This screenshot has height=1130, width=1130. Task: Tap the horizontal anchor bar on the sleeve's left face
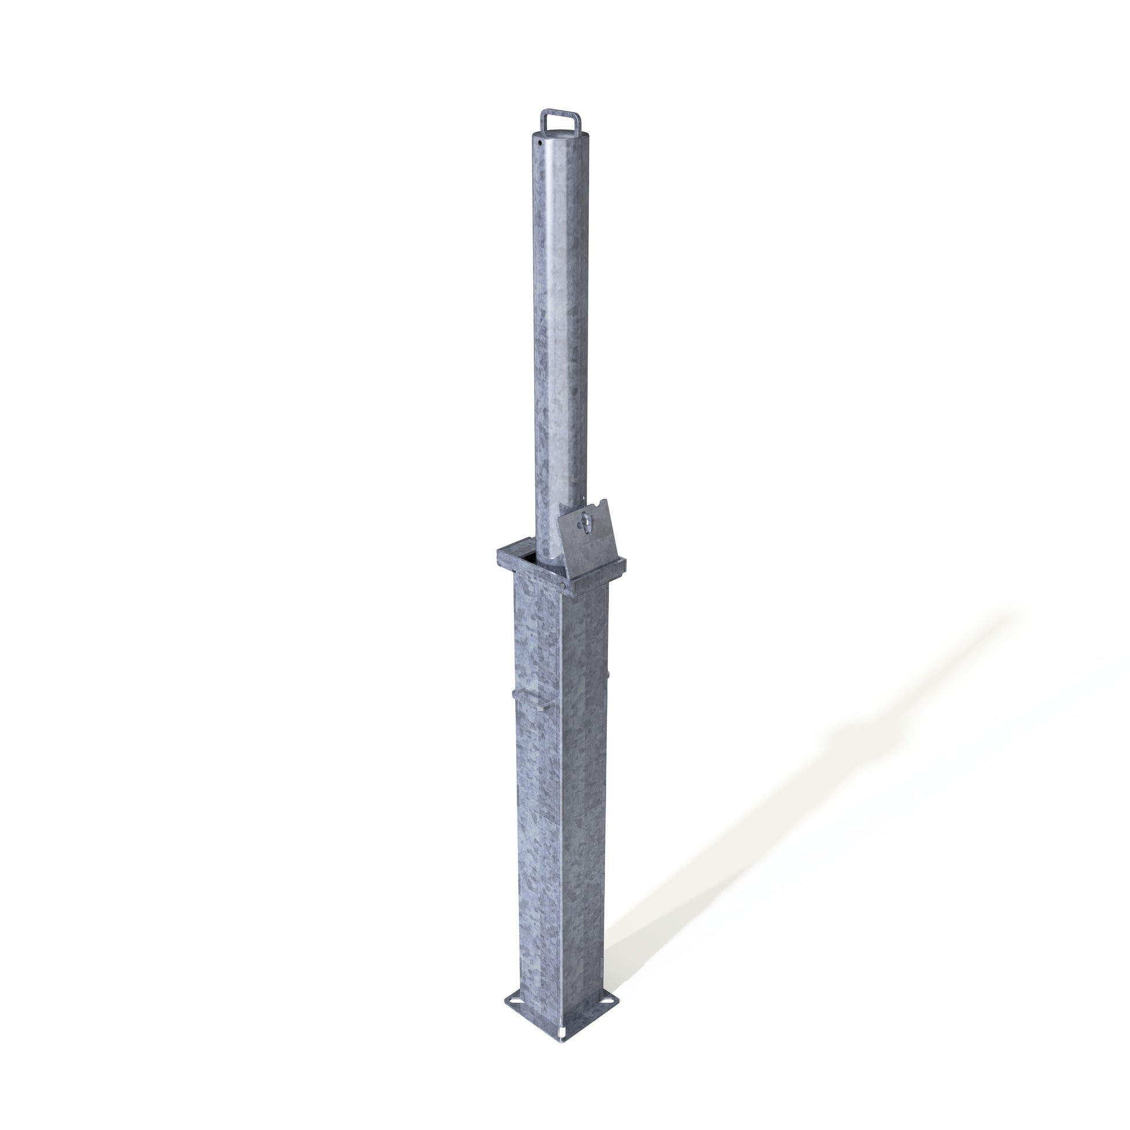coord(534,696)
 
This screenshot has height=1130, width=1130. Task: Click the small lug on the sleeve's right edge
coord(609,676)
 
